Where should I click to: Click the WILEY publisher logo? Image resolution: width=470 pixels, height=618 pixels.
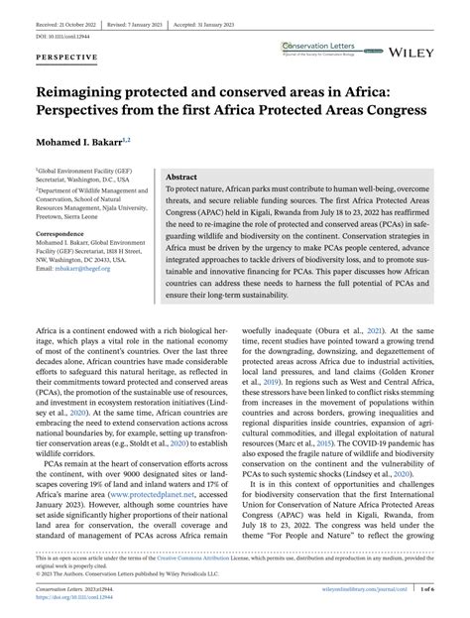pyautogui.click(x=436, y=50)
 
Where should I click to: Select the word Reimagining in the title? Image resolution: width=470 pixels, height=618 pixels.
pyautogui.click(x=92, y=87)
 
